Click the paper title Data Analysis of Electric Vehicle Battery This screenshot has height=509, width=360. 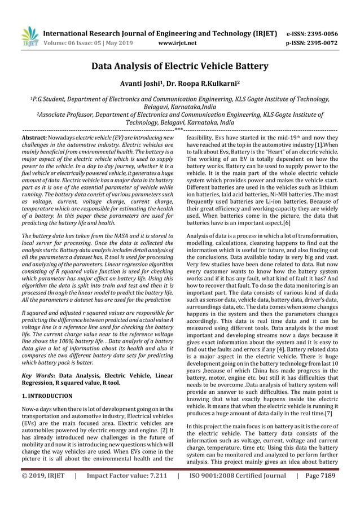pos(180,67)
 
